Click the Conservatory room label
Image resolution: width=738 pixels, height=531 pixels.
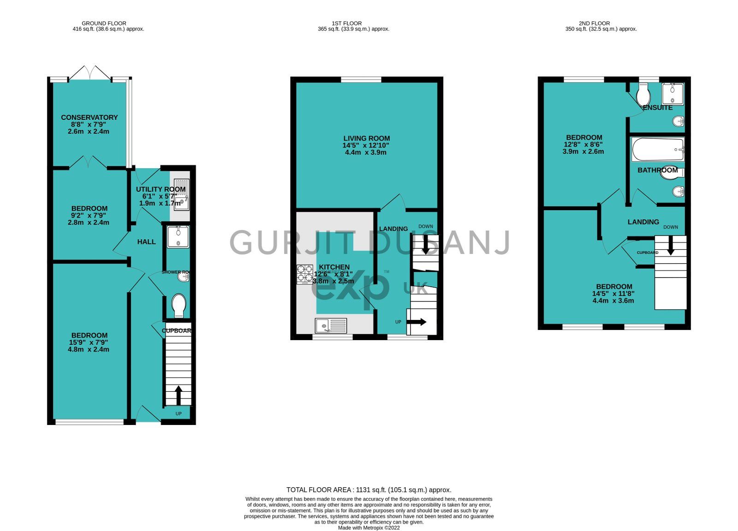[89, 118]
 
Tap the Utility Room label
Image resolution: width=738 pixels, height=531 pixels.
[161, 189]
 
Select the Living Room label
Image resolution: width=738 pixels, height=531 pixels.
[366, 138]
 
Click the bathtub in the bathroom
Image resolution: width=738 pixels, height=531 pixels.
[658, 149]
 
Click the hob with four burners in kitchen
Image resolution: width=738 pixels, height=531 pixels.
[304, 273]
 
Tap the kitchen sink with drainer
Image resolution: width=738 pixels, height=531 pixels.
[331, 326]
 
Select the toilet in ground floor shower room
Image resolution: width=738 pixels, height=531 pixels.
[179, 305]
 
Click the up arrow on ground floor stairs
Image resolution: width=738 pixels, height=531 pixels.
[178, 395]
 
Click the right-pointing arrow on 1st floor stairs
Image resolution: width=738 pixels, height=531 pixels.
[418, 322]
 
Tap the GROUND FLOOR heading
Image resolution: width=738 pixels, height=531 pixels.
[104, 23]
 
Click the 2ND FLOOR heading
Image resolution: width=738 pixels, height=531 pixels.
[594, 23]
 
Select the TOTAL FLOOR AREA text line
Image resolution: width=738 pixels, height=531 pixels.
[369, 490]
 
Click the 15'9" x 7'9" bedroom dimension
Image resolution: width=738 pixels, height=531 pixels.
[89, 342]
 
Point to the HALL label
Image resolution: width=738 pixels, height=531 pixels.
[146, 242]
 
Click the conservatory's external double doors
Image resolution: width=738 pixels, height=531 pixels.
[90, 73]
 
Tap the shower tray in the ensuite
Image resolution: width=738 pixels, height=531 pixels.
[672, 94]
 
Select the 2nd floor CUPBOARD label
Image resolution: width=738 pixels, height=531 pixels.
[647, 253]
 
